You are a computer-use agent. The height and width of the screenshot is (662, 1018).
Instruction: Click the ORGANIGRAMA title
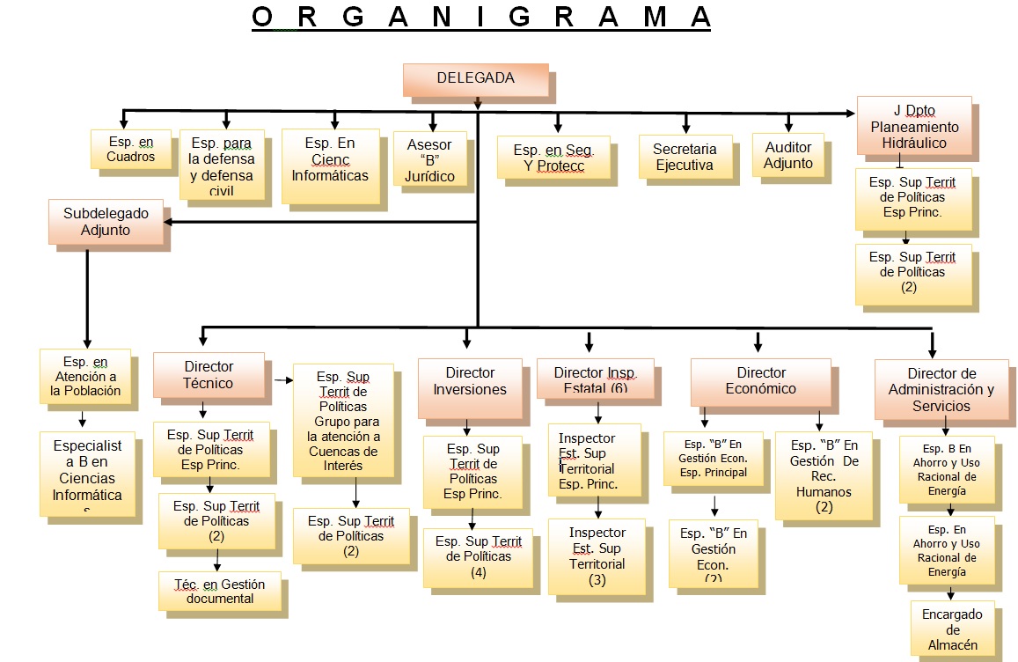(x=480, y=18)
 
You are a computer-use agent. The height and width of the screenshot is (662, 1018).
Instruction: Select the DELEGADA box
(x=475, y=79)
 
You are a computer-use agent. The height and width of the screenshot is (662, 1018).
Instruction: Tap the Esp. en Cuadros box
(x=130, y=149)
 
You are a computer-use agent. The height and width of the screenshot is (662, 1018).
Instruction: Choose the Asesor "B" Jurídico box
(x=429, y=159)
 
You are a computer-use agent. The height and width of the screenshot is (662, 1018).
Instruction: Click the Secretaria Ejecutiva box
(x=685, y=157)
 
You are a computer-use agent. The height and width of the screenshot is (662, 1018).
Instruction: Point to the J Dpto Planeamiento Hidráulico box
(x=914, y=127)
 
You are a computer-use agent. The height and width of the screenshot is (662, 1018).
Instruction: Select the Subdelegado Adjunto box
(x=106, y=222)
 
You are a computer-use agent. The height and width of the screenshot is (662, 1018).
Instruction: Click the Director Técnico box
(x=209, y=374)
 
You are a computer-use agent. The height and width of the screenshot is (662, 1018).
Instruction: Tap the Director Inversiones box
(x=470, y=380)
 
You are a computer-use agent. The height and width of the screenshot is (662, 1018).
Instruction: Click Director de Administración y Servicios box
(x=941, y=389)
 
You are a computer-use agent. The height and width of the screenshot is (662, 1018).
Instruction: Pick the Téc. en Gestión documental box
(x=220, y=591)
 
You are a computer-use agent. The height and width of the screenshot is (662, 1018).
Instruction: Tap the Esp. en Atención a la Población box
(x=85, y=377)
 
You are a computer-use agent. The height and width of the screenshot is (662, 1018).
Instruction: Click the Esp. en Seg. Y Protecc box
(x=553, y=158)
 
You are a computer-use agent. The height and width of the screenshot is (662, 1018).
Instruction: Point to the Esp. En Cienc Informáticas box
(x=330, y=165)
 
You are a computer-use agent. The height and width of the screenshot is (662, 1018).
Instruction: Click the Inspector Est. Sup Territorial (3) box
(x=597, y=556)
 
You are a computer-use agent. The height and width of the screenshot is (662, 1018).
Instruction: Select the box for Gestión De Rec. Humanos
(x=824, y=474)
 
